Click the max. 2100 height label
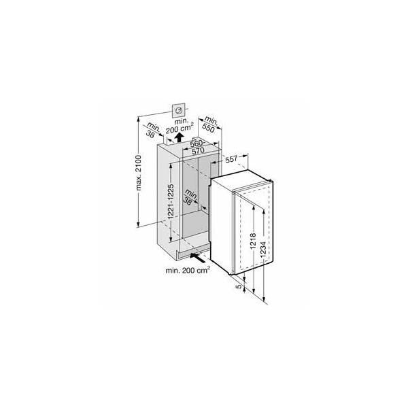coord(139,173)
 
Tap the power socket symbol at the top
coord(178,111)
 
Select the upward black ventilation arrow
coord(179,137)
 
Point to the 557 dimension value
coord(231,159)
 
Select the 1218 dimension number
coord(253,241)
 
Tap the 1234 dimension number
coord(263,250)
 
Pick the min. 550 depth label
coord(209,124)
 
